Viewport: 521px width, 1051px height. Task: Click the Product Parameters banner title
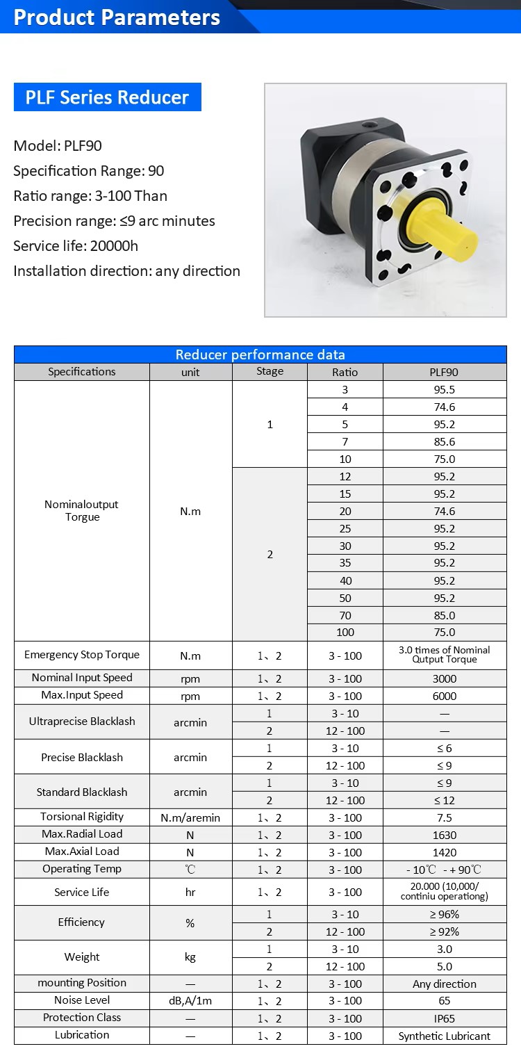(x=117, y=17)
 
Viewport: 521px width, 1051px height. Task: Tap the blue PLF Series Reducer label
(x=107, y=97)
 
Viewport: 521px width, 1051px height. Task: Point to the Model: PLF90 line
(x=58, y=146)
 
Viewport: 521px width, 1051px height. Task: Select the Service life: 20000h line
(x=76, y=246)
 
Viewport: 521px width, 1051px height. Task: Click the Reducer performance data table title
(x=260, y=355)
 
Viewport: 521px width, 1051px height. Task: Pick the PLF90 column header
(x=444, y=372)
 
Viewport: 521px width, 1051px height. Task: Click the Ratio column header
(x=345, y=372)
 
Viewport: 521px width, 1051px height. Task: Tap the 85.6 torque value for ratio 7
(x=444, y=441)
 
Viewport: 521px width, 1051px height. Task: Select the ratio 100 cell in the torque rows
(x=345, y=633)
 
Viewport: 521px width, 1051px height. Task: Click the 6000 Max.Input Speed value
(x=444, y=696)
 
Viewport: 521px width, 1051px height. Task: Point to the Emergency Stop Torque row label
(x=82, y=655)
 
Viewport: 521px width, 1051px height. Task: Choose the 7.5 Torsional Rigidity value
(x=444, y=817)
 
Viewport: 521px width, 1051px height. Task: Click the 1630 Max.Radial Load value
(x=444, y=835)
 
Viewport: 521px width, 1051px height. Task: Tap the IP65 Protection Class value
(x=444, y=1018)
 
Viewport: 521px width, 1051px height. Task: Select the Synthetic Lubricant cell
(x=444, y=1036)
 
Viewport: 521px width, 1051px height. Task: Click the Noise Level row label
(x=82, y=1000)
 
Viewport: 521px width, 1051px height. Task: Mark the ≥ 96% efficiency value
(x=444, y=915)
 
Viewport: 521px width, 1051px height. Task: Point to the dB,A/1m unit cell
(x=190, y=1001)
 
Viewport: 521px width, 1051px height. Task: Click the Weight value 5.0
(x=444, y=966)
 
